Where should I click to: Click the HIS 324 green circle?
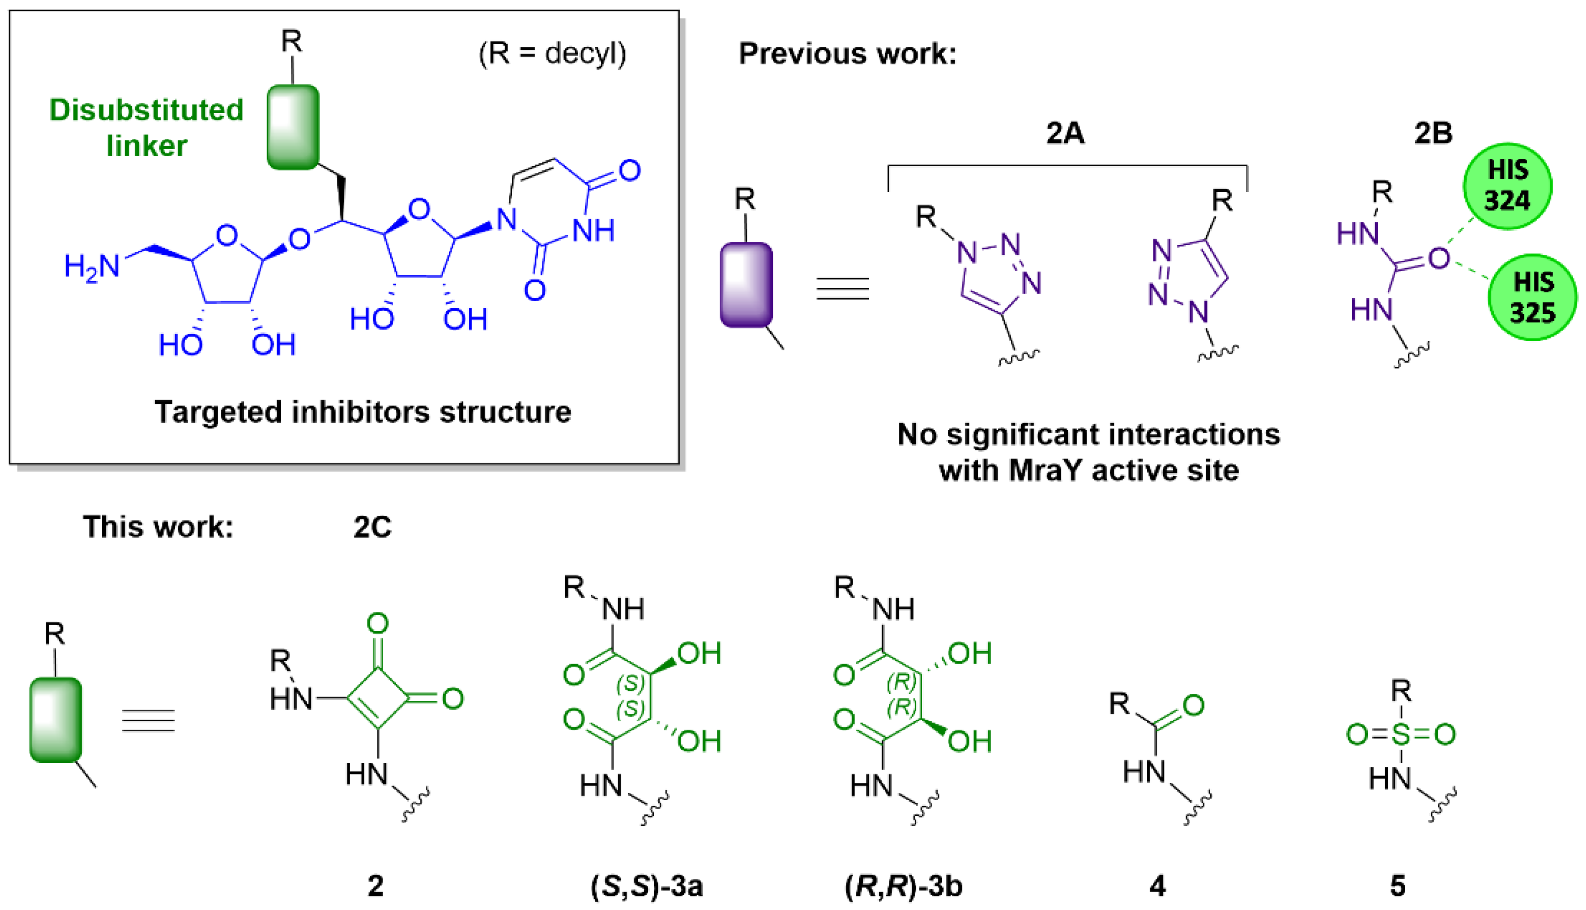point(1507,186)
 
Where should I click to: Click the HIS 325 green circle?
point(1532,298)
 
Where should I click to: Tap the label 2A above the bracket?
point(1066,133)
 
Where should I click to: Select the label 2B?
point(1433,133)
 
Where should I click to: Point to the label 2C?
point(372,527)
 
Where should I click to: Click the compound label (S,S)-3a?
point(647,886)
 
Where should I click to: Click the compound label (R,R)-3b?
point(903,886)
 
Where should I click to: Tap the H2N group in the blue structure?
point(92,267)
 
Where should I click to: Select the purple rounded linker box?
point(746,285)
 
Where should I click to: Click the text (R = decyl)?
point(552,54)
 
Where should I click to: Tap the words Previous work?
point(847,54)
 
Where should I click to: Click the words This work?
point(158,527)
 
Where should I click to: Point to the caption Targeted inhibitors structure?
point(362,412)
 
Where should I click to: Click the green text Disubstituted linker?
point(146,128)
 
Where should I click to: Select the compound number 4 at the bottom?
point(1158,886)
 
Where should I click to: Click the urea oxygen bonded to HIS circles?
point(1438,258)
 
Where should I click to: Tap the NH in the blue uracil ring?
point(593,231)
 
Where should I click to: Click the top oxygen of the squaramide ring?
point(377,623)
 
